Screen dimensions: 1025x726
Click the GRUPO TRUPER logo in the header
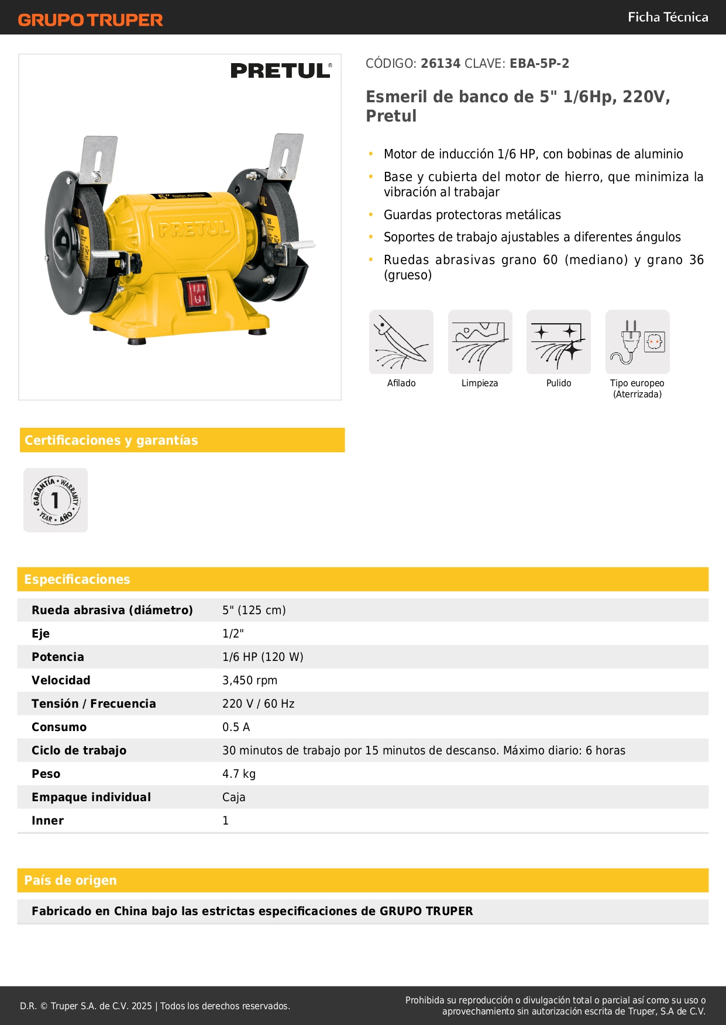[x=90, y=20]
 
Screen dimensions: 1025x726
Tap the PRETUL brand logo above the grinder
[x=281, y=71]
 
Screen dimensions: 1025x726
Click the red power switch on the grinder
[x=197, y=293]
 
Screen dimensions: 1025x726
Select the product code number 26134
[x=441, y=64]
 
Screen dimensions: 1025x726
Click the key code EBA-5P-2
[x=539, y=64]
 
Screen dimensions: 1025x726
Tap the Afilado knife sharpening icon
[x=401, y=342]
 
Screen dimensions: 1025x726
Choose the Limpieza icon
[x=480, y=342]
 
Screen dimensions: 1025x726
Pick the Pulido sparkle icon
[x=559, y=342]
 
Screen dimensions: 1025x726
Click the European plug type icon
[x=637, y=342]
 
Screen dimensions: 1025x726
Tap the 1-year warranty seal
[x=56, y=500]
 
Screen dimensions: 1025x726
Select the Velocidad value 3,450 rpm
[x=250, y=680]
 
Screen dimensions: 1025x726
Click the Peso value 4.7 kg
[x=239, y=774]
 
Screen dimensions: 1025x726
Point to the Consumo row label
[x=59, y=727]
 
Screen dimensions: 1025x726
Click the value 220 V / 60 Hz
[x=258, y=704]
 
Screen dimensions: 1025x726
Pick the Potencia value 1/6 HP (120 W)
[x=263, y=657]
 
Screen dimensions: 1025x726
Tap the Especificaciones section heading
[x=77, y=579]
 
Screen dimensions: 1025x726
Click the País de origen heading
[x=71, y=880]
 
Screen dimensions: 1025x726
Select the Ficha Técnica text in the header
[x=667, y=18]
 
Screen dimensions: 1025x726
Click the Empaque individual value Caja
[x=233, y=797]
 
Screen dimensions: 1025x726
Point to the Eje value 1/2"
[x=233, y=633]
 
